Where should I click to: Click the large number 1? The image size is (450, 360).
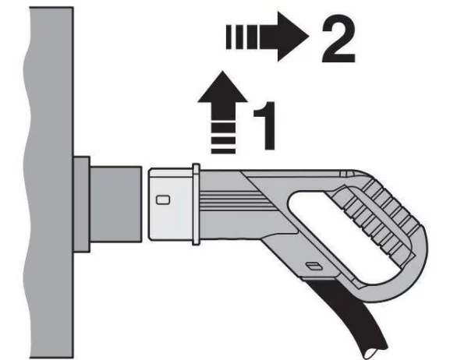pyautogui.click(x=265, y=125)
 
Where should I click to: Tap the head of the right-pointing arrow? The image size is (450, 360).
pyautogui.click(x=292, y=37)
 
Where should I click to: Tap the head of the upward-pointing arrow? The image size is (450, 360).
pyautogui.click(x=222, y=87)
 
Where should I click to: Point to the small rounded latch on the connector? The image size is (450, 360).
pyautogui.click(x=163, y=200)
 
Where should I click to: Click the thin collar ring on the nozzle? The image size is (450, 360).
pyautogui.click(x=196, y=204)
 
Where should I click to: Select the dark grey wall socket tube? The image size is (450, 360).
pyautogui.click(x=115, y=204)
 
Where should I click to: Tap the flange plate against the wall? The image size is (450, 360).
pyautogui.click(x=82, y=204)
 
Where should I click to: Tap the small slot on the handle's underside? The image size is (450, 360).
pyautogui.click(x=313, y=266)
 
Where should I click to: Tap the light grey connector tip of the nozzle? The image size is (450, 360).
pyautogui.click(x=172, y=204)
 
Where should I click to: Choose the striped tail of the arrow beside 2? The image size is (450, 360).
pyautogui.click(x=243, y=37)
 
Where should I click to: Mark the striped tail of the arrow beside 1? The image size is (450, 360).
pyautogui.click(x=223, y=138)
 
